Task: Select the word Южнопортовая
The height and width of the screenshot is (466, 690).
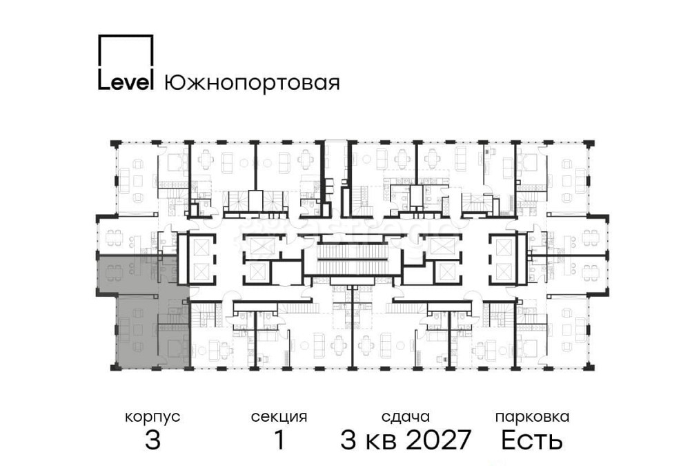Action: point(252,84)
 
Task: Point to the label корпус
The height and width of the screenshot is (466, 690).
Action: point(152,417)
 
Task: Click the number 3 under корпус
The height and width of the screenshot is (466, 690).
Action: point(152,440)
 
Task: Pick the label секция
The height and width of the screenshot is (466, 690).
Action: point(279,417)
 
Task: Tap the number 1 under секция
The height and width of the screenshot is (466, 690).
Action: point(279,440)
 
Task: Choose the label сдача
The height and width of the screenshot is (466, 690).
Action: point(406,417)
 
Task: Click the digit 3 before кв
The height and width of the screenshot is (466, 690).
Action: point(349,440)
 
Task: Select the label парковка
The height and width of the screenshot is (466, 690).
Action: point(532,417)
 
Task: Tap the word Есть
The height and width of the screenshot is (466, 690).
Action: point(532,440)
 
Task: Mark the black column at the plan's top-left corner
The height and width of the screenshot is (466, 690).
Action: point(115,143)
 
